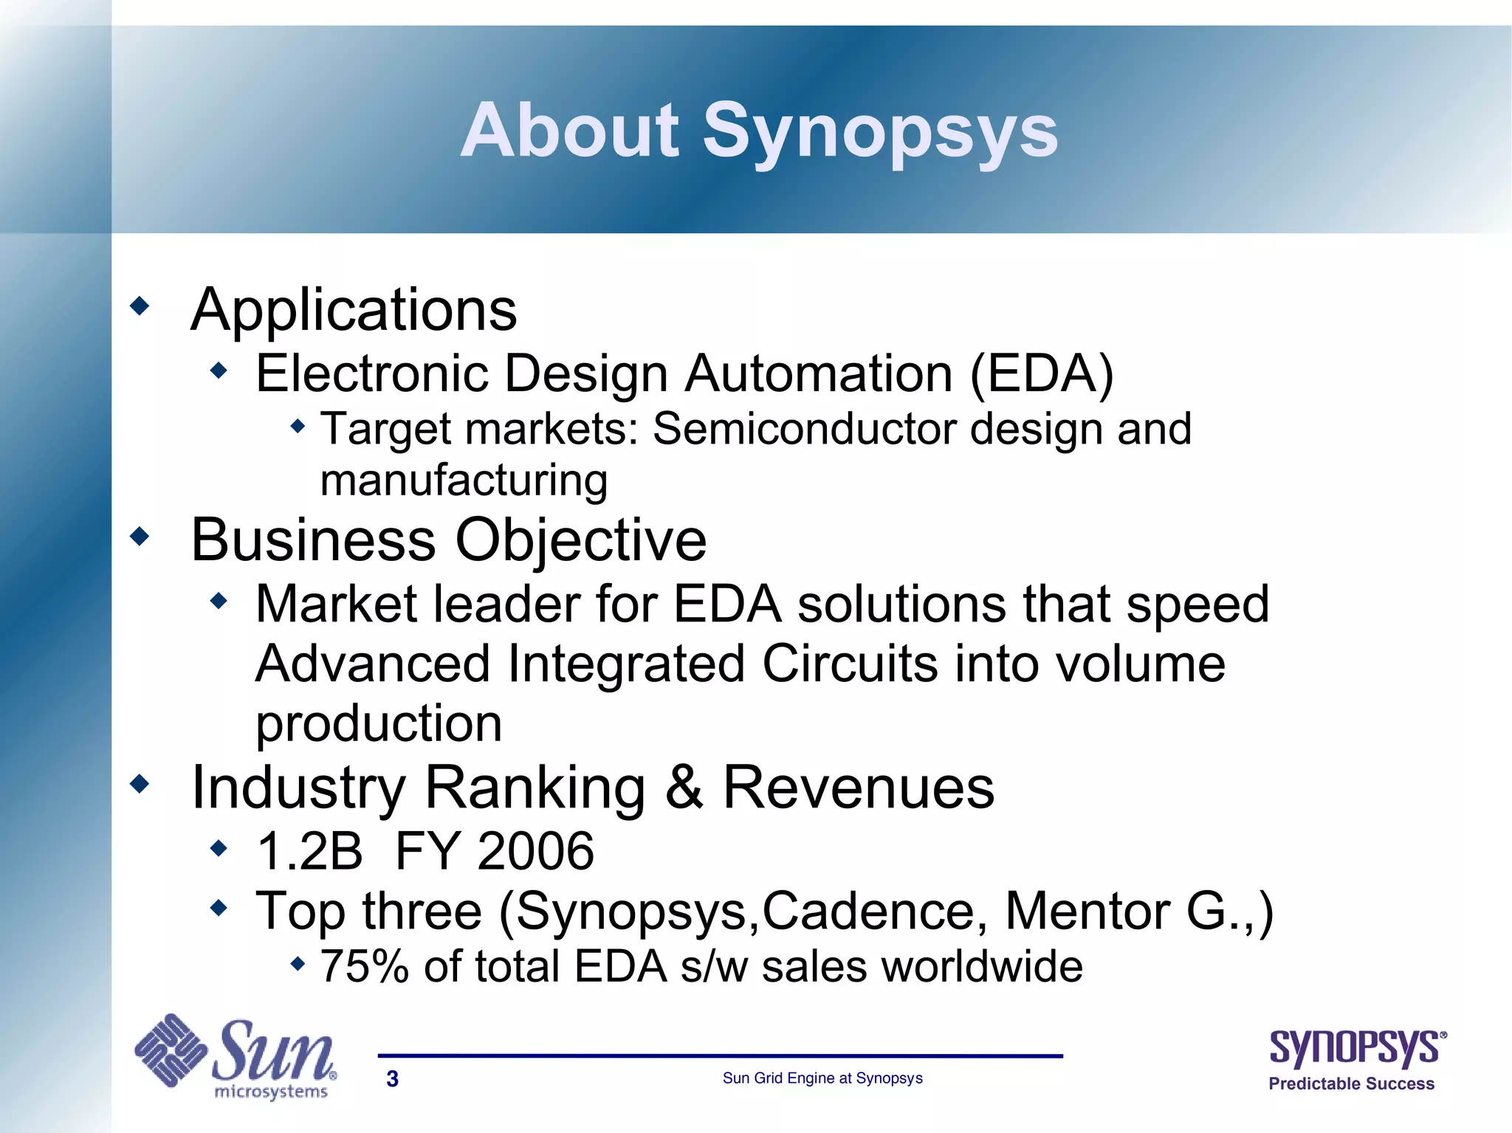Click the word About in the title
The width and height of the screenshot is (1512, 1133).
(569, 131)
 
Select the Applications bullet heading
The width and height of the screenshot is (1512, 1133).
(354, 310)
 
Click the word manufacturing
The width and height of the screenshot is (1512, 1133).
(464, 481)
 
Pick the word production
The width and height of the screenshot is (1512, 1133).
(379, 723)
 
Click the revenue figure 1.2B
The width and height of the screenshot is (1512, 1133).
(309, 851)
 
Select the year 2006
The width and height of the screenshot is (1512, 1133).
(535, 851)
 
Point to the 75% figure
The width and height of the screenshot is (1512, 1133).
(364, 966)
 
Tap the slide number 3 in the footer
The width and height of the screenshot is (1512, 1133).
(392, 1079)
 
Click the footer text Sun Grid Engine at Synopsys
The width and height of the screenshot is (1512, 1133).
(822, 1078)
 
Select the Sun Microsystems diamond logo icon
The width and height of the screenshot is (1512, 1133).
(171, 1050)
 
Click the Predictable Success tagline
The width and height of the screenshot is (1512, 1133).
(1351, 1084)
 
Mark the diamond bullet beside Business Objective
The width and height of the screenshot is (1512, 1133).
(139, 537)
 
